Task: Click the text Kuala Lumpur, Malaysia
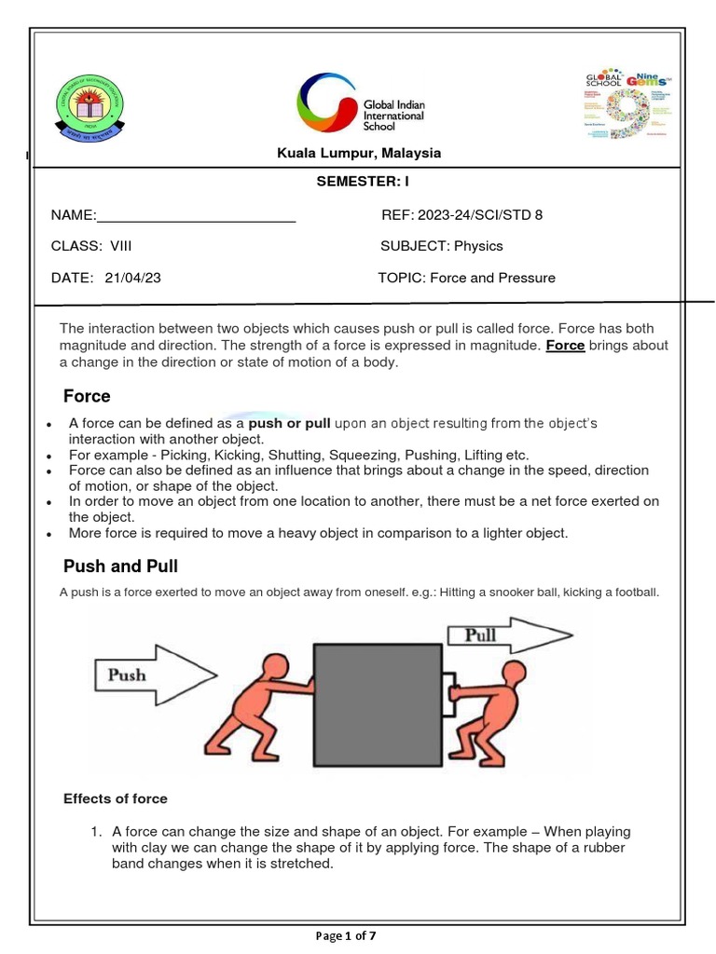[x=358, y=153]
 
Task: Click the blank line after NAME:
[x=196, y=216]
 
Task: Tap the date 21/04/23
[x=133, y=278]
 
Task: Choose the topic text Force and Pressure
[x=491, y=278]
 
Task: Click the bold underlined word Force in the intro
[x=565, y=346]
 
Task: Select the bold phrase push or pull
[x=289, y=423]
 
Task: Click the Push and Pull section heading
[x=120, y=566]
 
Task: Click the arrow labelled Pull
[x=509, y=636]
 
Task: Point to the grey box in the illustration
[x=378, y=703]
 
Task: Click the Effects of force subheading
[x=115, y=798]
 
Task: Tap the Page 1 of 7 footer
[x=358, y=935]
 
